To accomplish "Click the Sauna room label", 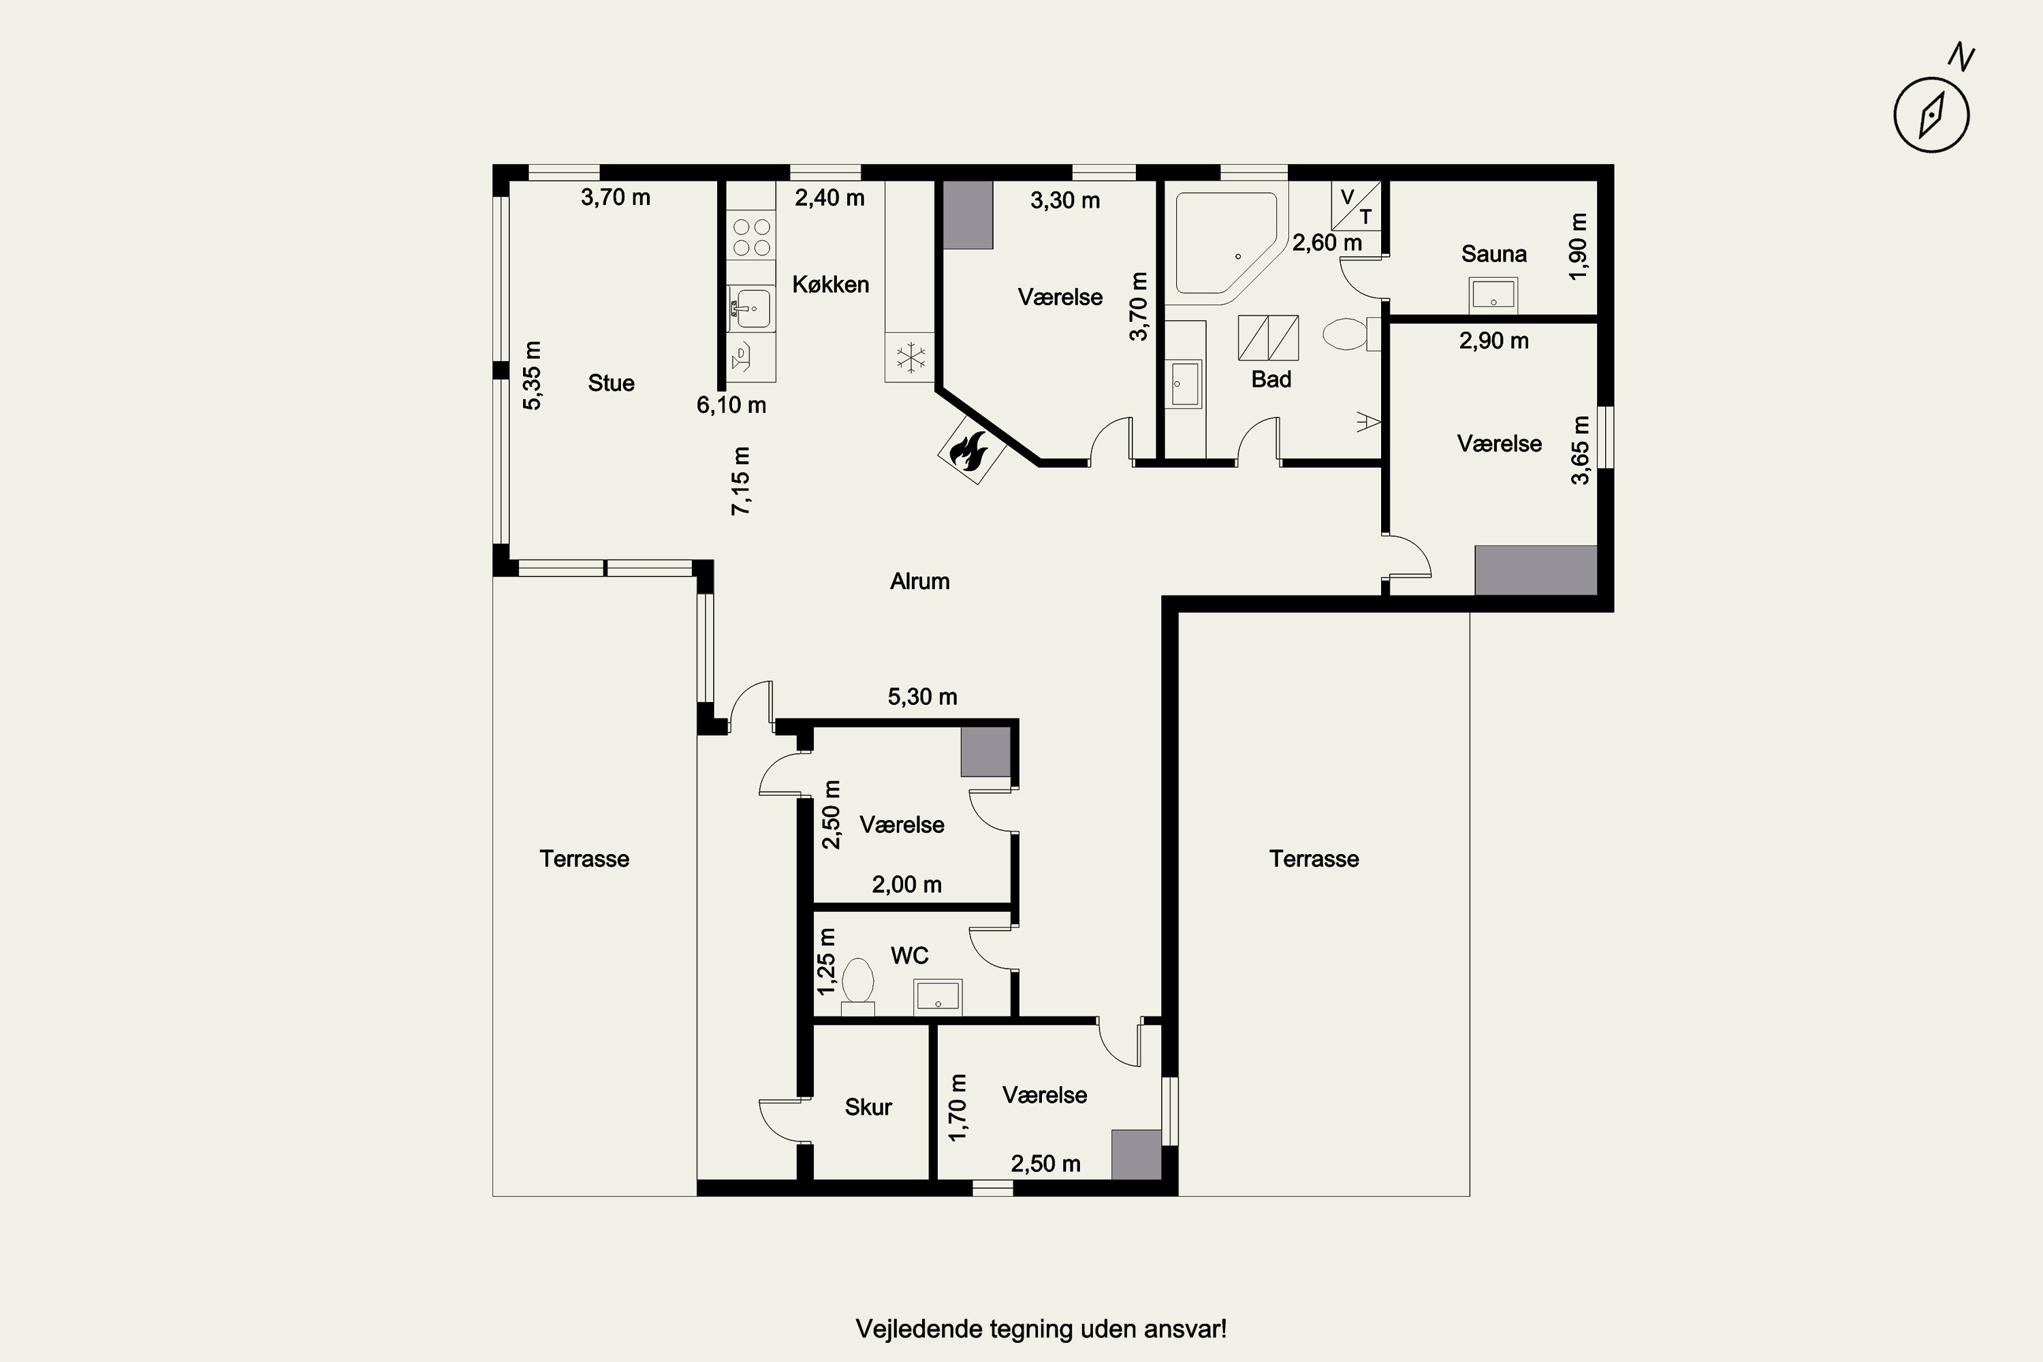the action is pos(1493,253).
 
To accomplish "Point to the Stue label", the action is pos(611,383).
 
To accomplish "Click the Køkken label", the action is pos(830,284).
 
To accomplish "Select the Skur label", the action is pos(868,1107).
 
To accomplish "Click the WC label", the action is pos(909,955).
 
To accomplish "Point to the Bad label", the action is pos(1271,379).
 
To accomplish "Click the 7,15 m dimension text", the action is pos(740,481).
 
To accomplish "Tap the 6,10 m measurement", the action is pos(731,405).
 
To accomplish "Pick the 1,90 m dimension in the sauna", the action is pos(1579,247).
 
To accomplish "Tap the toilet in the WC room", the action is pos(858,987).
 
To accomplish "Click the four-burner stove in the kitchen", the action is pos(751,237).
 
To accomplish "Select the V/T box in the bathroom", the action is pos(1356,206).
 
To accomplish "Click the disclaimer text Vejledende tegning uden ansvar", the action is pos(1041,1329).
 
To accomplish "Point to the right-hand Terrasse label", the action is pos(1314,859).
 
